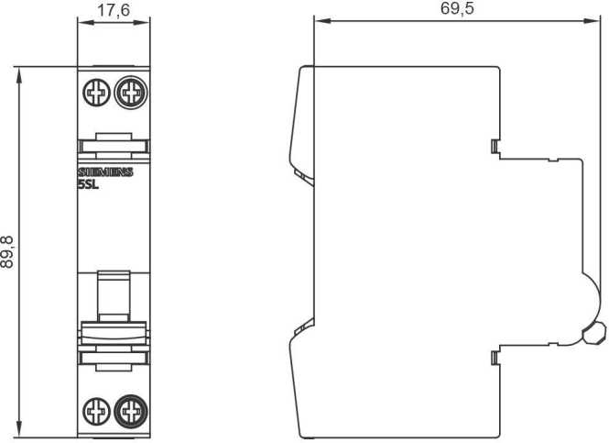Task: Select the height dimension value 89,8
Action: click(x=8, y=250)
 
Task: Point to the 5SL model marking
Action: click(x=89, y=183)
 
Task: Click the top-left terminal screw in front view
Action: click(x=95, y=92)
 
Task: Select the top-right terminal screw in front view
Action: click(x=131, y=92)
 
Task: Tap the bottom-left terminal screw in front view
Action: click(x=95, y=409)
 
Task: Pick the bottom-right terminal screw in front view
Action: click(x=131, y=409)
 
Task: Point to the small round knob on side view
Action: click(x=593, y=332)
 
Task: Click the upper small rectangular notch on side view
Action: click(x=495, y=145)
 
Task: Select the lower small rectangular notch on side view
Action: click(x=495, y=356)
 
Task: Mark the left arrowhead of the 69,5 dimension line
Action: click(x=319, y=18)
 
